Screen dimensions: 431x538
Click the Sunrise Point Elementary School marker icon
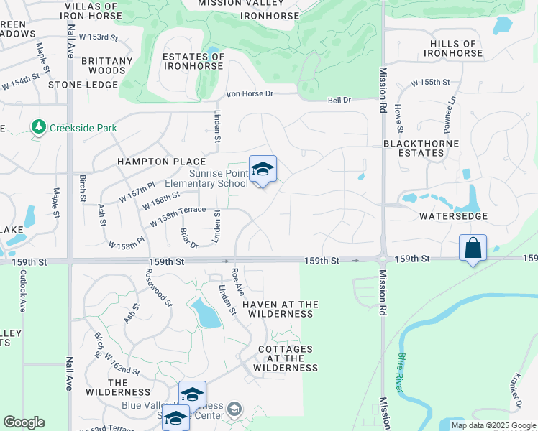[x=263, y=170]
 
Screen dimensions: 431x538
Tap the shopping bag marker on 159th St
[x=473, y=249]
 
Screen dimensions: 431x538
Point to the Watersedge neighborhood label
[x=454, y=216]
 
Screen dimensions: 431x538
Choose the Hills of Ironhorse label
[x=455, y=49]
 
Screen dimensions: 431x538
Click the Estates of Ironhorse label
[x=194, y=61]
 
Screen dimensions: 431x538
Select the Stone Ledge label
[x=83, y=85]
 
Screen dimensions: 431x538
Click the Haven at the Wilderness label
[x=280, y=309]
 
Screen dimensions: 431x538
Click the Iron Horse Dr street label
[x=250, y=94]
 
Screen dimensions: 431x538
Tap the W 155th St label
[x=430, y=83]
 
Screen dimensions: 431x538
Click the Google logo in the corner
[x=24, y=422]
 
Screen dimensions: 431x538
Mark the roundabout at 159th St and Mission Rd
[x=383, y=259]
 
